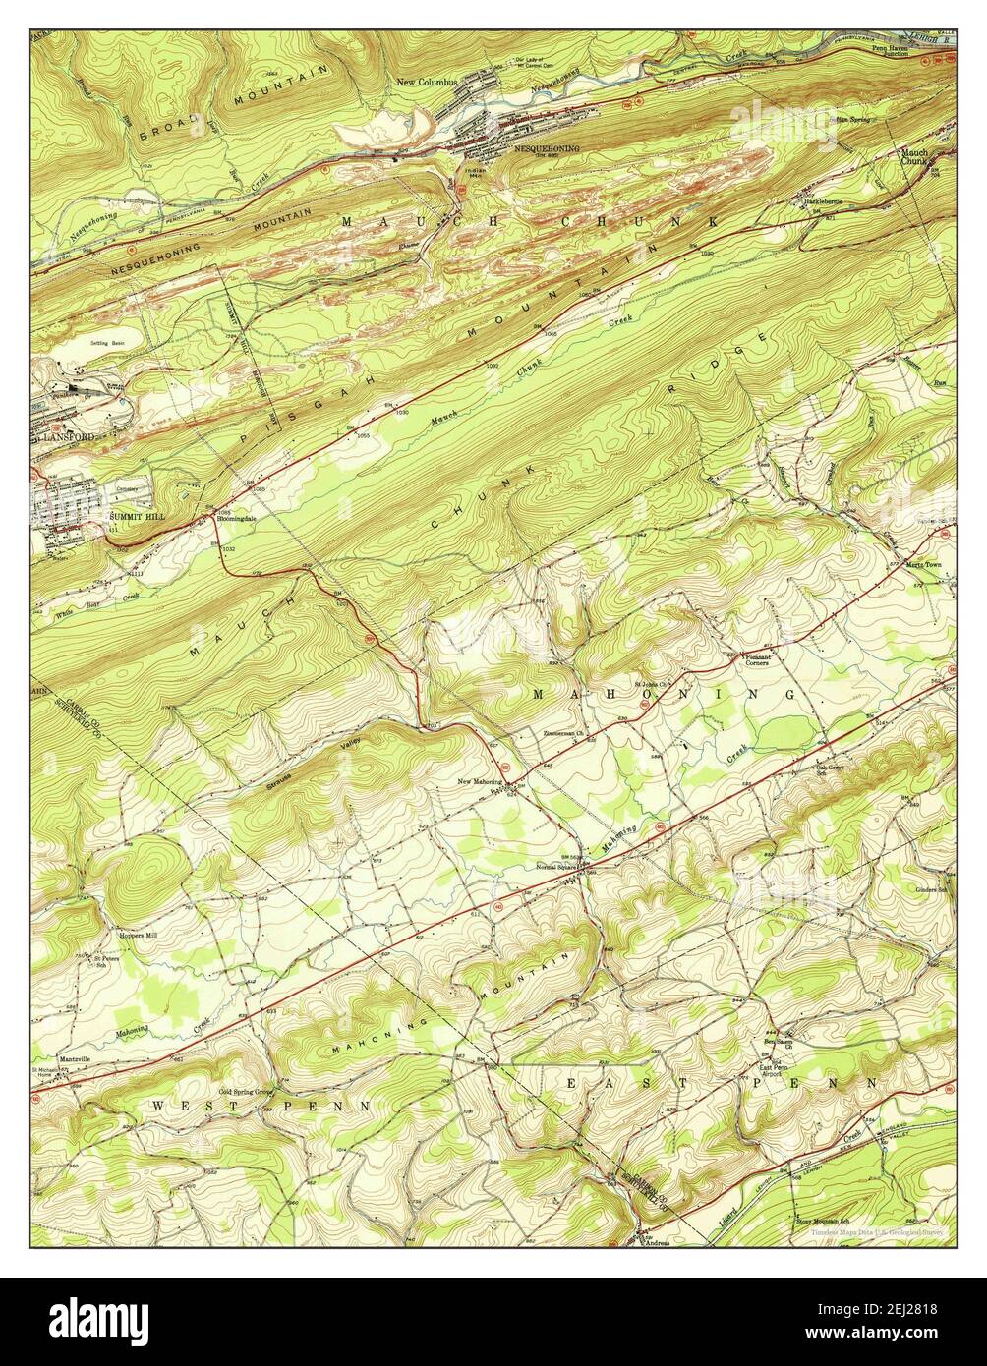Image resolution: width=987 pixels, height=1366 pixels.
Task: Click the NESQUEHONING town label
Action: (547, 149)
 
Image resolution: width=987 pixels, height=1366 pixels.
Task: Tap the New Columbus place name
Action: (427, 82)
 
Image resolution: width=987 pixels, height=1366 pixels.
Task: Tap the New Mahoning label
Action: (480, 782)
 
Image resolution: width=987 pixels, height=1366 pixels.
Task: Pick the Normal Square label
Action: (555, 867)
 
